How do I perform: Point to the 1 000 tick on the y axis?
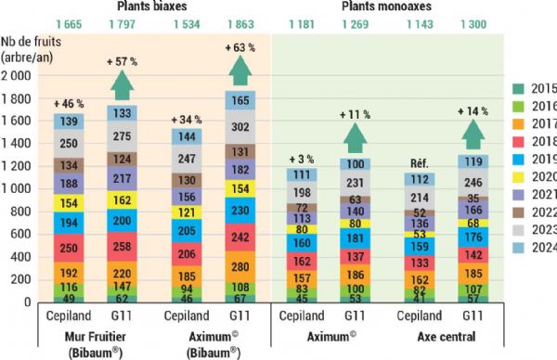[x=26, y=190]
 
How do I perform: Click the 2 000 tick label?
[x=26, y=77]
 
